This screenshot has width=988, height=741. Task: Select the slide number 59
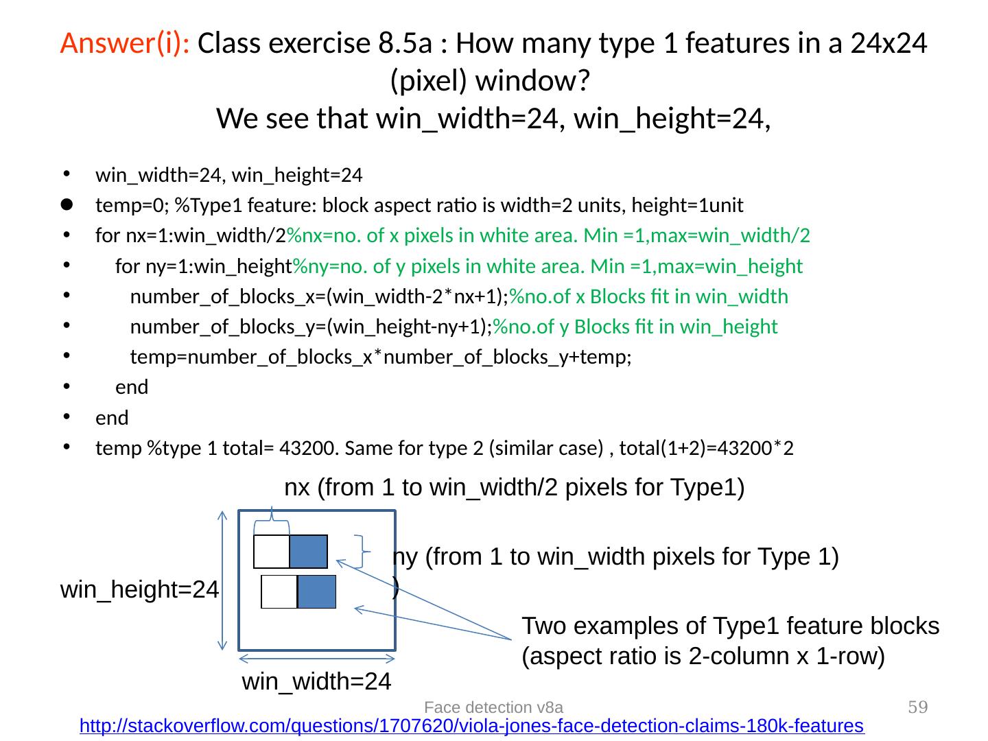coord(918,707)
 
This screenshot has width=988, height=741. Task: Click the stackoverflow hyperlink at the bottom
coord(471,725)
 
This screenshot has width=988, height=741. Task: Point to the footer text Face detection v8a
coord(494,707)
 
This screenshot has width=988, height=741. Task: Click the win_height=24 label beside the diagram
coord(140,589)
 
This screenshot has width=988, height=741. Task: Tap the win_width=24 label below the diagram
coord(317,681)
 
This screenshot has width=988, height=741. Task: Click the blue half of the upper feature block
coord(308,552)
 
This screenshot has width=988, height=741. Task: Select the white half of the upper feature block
coord(272,552)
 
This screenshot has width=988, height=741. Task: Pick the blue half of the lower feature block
coord(316,591)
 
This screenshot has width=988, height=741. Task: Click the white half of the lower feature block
coord(279,591)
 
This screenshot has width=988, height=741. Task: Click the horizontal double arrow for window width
coord(317,659)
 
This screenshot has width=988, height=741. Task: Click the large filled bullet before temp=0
coord(67,204)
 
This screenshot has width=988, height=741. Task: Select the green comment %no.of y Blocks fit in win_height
coord(635,327)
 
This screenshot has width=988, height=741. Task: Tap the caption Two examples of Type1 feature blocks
coord(730,626)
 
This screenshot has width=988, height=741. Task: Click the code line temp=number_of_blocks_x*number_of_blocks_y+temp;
coord(381,357)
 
